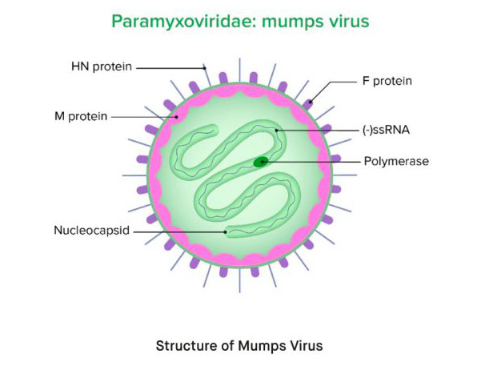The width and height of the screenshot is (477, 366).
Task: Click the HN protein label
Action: click(x=102, y=66)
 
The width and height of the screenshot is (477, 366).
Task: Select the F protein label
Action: click(x=387, y=81)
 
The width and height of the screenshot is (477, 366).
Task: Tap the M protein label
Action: click(x=81, y=116)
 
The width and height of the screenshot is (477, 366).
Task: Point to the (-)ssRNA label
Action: click(x=386, y=130)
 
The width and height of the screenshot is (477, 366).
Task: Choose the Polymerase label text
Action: click(x=396, y=161)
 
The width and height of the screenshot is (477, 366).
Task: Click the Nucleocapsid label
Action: click(x=91, y=230)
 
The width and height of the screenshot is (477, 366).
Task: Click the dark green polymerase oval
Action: click(x=261, y=162)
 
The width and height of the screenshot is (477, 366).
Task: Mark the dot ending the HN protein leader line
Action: click(x=205, y=68)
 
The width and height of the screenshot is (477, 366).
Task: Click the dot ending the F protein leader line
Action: click(x=311, y=102)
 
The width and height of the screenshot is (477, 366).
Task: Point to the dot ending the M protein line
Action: click(x=176, y=117)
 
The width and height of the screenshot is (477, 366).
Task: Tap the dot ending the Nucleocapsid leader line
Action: click(x=226, y=232)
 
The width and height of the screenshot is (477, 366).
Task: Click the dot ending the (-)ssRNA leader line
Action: click(x=276, y=131)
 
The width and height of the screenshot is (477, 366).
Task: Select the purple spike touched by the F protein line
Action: click(x=307, y=104)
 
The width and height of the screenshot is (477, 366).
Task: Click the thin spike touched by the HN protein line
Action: click(x=206, y=75)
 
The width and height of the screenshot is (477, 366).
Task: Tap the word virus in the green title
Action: click(x=351, y=22)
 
